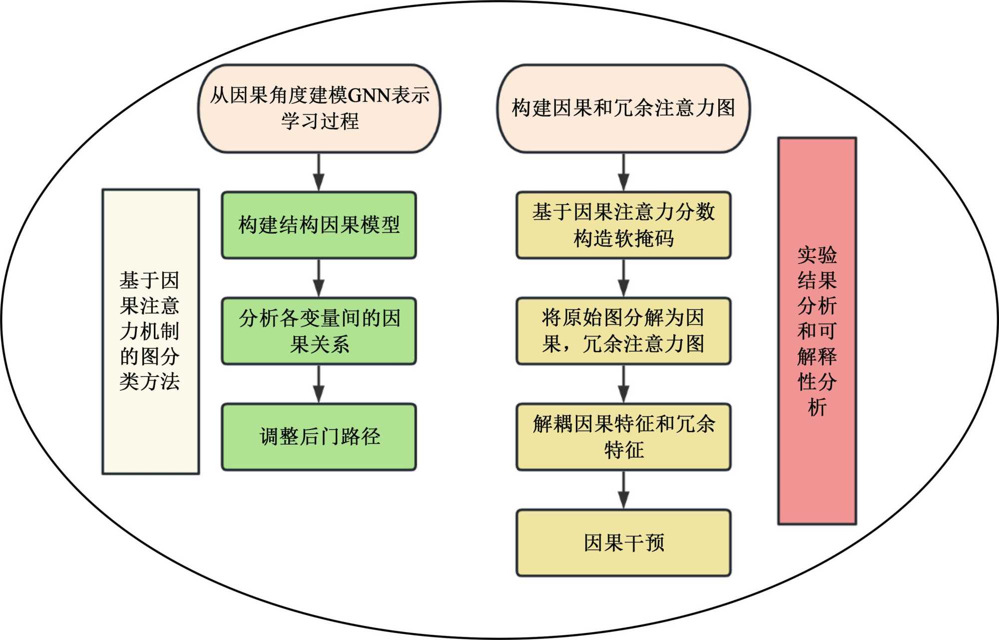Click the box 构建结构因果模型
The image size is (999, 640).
[x=319, y=225]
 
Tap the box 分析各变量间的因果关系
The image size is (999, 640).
[x=319, y=331]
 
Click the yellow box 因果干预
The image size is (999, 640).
[x=623, y=543]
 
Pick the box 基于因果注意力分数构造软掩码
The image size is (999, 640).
[x=623, y=225]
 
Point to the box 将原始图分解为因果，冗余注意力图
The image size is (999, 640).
[x=623, y=331]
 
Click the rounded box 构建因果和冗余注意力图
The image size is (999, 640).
[x=623, y=108]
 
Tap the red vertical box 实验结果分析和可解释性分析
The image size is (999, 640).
[x=817, y=331]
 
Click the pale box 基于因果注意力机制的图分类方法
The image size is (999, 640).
[x=150, y=331]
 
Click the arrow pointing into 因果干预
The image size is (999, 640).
[x=623, y=490]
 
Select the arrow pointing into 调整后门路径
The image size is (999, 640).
[x=319, y=384]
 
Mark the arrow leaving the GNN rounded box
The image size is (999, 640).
[x=319, y=172]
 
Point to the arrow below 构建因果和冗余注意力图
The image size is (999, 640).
[x=623, y=172]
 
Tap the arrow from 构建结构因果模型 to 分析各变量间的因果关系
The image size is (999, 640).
[x=319, y=278]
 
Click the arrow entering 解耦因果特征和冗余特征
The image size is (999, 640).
[x=623, y=384]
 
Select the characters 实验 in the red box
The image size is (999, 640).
[x=817, y=255]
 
